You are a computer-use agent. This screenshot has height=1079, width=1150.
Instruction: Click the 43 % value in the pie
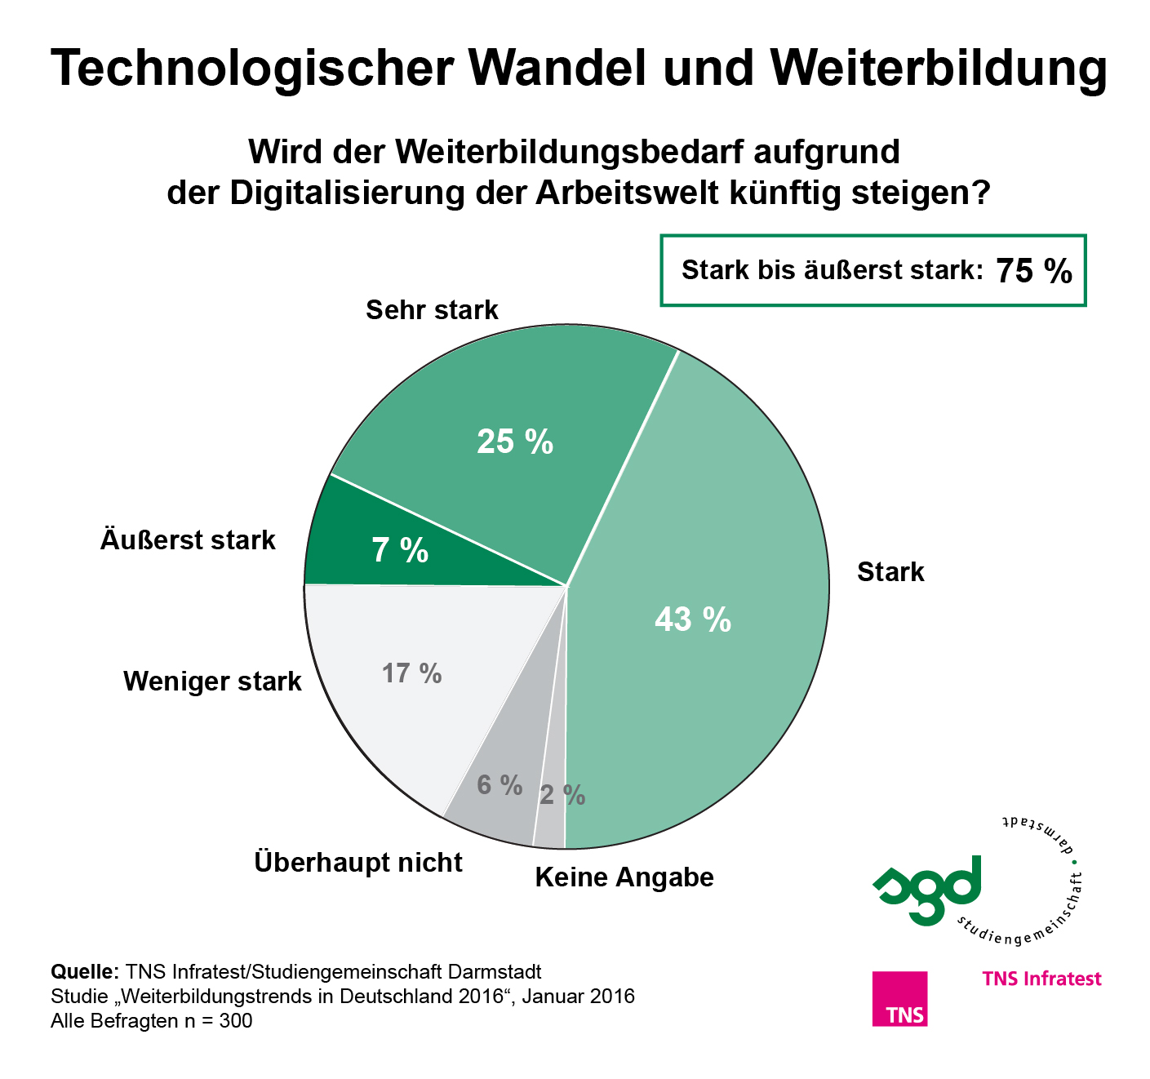coord(692,620)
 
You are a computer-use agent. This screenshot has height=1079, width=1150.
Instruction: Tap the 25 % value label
coord(515,442)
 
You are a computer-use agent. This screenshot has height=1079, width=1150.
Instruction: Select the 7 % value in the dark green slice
coord(400,551)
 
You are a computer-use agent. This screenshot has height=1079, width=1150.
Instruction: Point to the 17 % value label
coord(412,673)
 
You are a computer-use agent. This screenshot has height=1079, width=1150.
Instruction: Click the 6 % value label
coord(500,785)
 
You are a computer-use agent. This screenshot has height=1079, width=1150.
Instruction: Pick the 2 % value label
coord(562,795)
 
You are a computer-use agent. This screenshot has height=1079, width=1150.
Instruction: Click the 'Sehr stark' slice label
coord(432,310)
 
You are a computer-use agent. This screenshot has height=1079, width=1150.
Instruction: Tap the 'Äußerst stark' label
coord(188,540)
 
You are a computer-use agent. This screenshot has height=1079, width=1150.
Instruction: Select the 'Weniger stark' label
coord(212,682)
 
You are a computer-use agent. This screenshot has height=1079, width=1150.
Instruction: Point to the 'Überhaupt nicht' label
coord(358,862)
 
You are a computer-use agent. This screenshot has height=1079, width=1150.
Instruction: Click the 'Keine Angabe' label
coord(624,877)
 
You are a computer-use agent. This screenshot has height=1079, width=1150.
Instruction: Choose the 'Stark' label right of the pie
coord(890,572)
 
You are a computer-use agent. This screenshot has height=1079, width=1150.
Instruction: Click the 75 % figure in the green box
coord(1034,271)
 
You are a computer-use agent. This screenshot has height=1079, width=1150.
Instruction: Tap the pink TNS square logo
coord(899,998)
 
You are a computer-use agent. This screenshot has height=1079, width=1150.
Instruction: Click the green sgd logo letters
coord(927,889)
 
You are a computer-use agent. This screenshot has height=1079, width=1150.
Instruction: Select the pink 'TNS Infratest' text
coord(1041,979)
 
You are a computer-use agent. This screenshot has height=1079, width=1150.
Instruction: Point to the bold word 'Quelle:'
coord(85,972)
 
